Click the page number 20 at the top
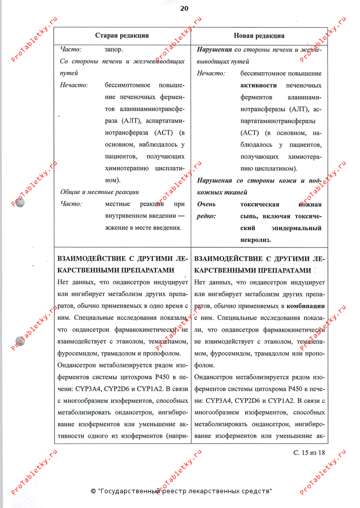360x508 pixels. [184, 8]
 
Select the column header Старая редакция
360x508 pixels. [122, 36]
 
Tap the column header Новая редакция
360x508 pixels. [259, 36]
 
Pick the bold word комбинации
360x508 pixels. [306, 306]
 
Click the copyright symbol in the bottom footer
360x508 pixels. [93, 491]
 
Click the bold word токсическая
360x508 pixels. [260, 204]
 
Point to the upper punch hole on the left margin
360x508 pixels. [21, 200]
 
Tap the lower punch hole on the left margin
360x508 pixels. [21, 341]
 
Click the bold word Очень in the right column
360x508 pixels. [206, 204]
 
